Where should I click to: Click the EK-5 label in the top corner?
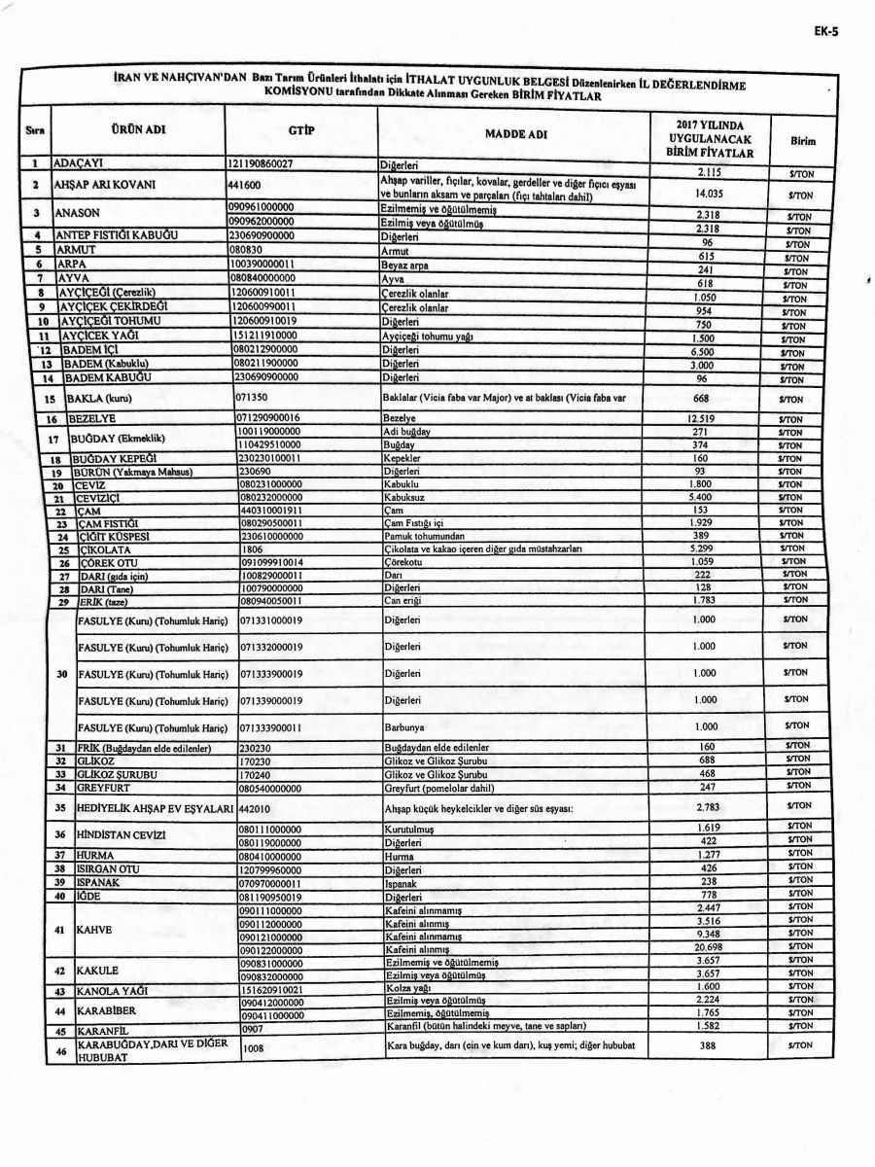tap(826, 30)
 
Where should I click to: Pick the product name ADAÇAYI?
tap(79, 164)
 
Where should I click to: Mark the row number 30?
tap(61, 672)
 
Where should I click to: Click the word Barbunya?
tap(405, 726)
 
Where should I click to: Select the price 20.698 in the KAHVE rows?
tap(708, 947)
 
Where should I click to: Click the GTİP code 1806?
tap(252, 549)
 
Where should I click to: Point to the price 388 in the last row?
tap(708, 1045)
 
